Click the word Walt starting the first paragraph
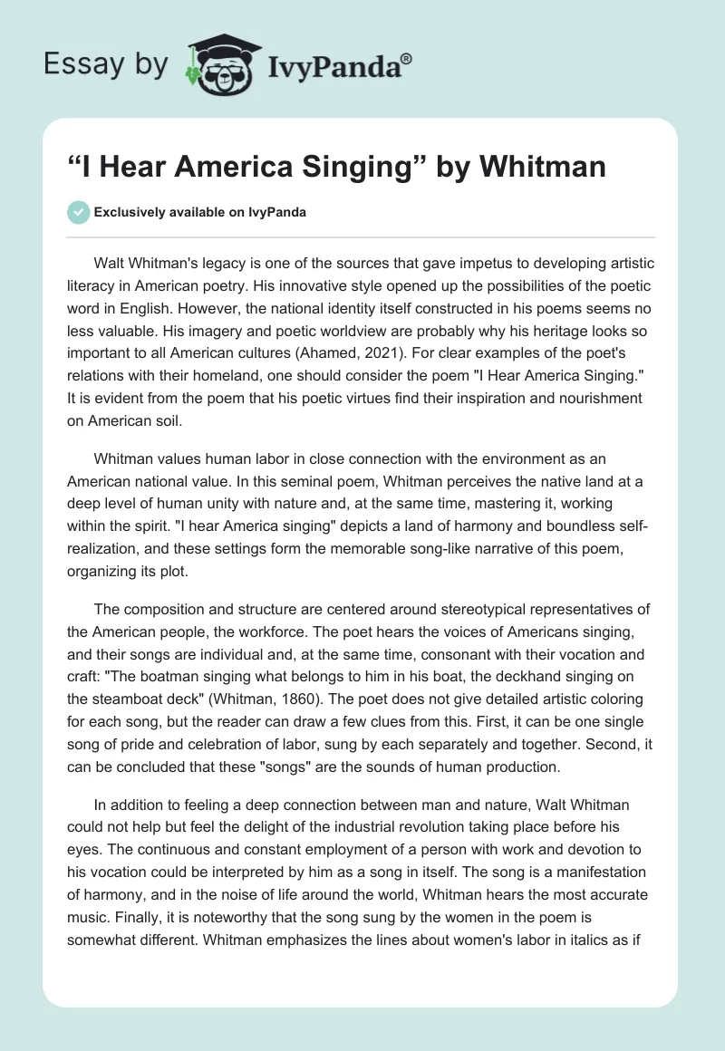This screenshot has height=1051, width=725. (x=110, y=264)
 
